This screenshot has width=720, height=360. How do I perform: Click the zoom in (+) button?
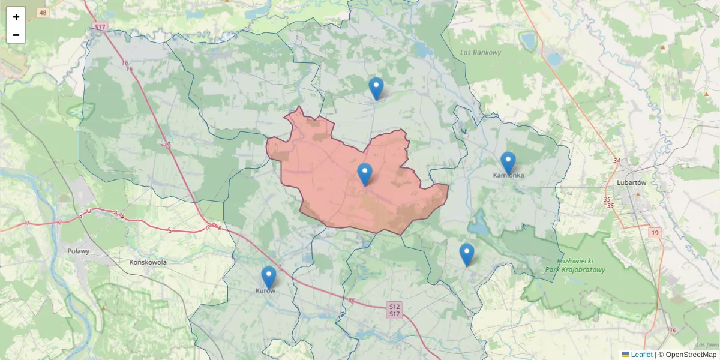pos(16,17)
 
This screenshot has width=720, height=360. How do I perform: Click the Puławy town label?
pos(78,251)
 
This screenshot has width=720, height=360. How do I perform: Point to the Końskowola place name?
pos(148,262)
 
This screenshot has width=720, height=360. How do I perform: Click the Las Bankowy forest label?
pos(481,52)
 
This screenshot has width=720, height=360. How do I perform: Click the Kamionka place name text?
pos(508,176)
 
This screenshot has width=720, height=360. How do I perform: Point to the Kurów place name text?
pos(266,291)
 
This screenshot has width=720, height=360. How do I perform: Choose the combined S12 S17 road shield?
pos(394,310)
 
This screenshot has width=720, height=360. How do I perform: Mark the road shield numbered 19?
pos(655,232)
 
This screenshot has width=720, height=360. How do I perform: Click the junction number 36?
pos(672,331)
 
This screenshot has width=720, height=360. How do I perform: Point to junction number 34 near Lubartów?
pos(617,160)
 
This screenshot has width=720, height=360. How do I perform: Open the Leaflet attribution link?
pos(641,355)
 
